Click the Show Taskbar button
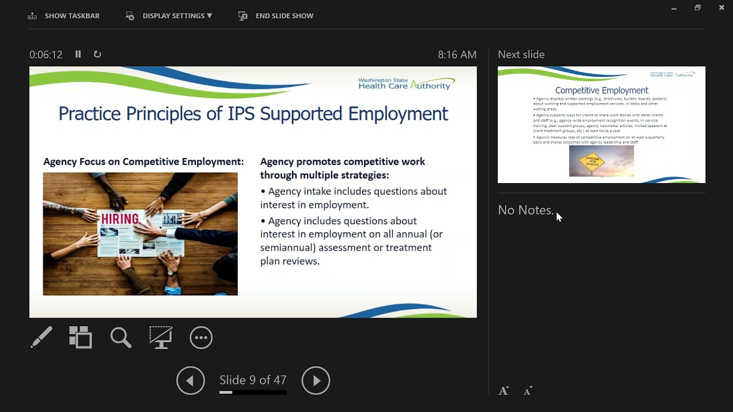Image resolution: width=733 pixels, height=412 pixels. [x=64, y=16]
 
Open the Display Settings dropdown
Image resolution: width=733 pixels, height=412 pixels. [x=170, y=16]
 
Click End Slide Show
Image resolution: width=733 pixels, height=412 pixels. [x=276, y=16]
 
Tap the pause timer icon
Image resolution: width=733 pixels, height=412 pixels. [x=78, y=54]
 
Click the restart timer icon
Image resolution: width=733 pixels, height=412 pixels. [x=97, y=54]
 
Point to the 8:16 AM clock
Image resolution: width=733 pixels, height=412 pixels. [x=457, y=55]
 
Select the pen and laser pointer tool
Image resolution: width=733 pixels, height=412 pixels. [x=41, y=338]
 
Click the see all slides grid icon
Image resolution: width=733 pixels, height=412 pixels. [x=81, y=338]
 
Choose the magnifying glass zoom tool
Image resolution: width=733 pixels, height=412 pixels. [x=121, y=338]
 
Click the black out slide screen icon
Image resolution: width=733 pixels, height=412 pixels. [x=161, y=338]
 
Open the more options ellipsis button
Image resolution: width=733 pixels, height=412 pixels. [x=201, y=338]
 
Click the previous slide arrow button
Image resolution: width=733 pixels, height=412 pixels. [x=191, y=381]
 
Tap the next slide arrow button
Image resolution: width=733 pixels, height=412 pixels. [x=316, y=381]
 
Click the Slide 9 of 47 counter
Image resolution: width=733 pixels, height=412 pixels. [x=253, y=381]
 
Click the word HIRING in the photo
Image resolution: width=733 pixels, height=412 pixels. [x=120, y=219]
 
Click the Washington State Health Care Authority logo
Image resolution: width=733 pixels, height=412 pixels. [x=407, y=84]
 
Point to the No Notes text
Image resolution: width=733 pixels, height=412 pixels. [x=526, y=210]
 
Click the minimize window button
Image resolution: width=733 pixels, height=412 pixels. [x=674, y=8]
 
